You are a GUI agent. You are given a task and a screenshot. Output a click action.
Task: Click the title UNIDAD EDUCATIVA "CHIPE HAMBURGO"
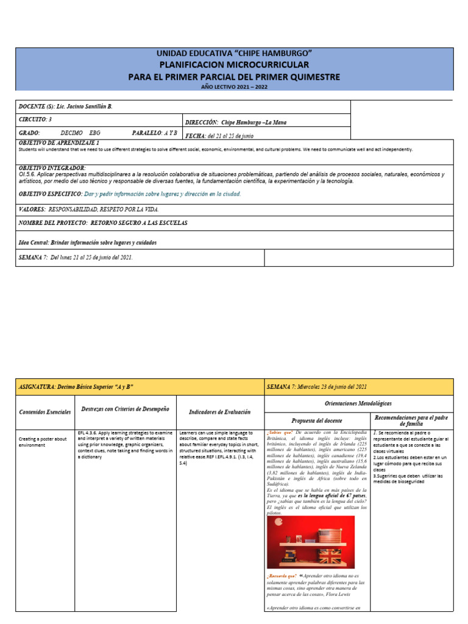tap(234, 54)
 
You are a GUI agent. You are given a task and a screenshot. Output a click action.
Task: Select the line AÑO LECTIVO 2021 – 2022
tap(234, 87)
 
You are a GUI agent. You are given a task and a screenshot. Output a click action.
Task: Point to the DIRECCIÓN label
tap(202, 122)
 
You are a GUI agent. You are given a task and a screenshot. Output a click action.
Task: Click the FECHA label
tap(195, 135)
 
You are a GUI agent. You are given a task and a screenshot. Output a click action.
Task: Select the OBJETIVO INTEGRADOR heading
tap(52, 168)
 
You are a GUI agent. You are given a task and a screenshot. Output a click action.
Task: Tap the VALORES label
tap(32, 209)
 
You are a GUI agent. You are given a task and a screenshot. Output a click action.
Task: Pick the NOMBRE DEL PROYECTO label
tap(54, 223)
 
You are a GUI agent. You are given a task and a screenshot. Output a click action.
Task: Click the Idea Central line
tap(88, 243)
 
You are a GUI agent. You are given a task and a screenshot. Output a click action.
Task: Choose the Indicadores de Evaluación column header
tap(220, 412)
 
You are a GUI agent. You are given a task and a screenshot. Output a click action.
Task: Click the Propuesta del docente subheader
tap(317, 420)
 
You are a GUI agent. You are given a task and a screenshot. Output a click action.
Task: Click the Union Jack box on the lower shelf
tap(334, 556)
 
